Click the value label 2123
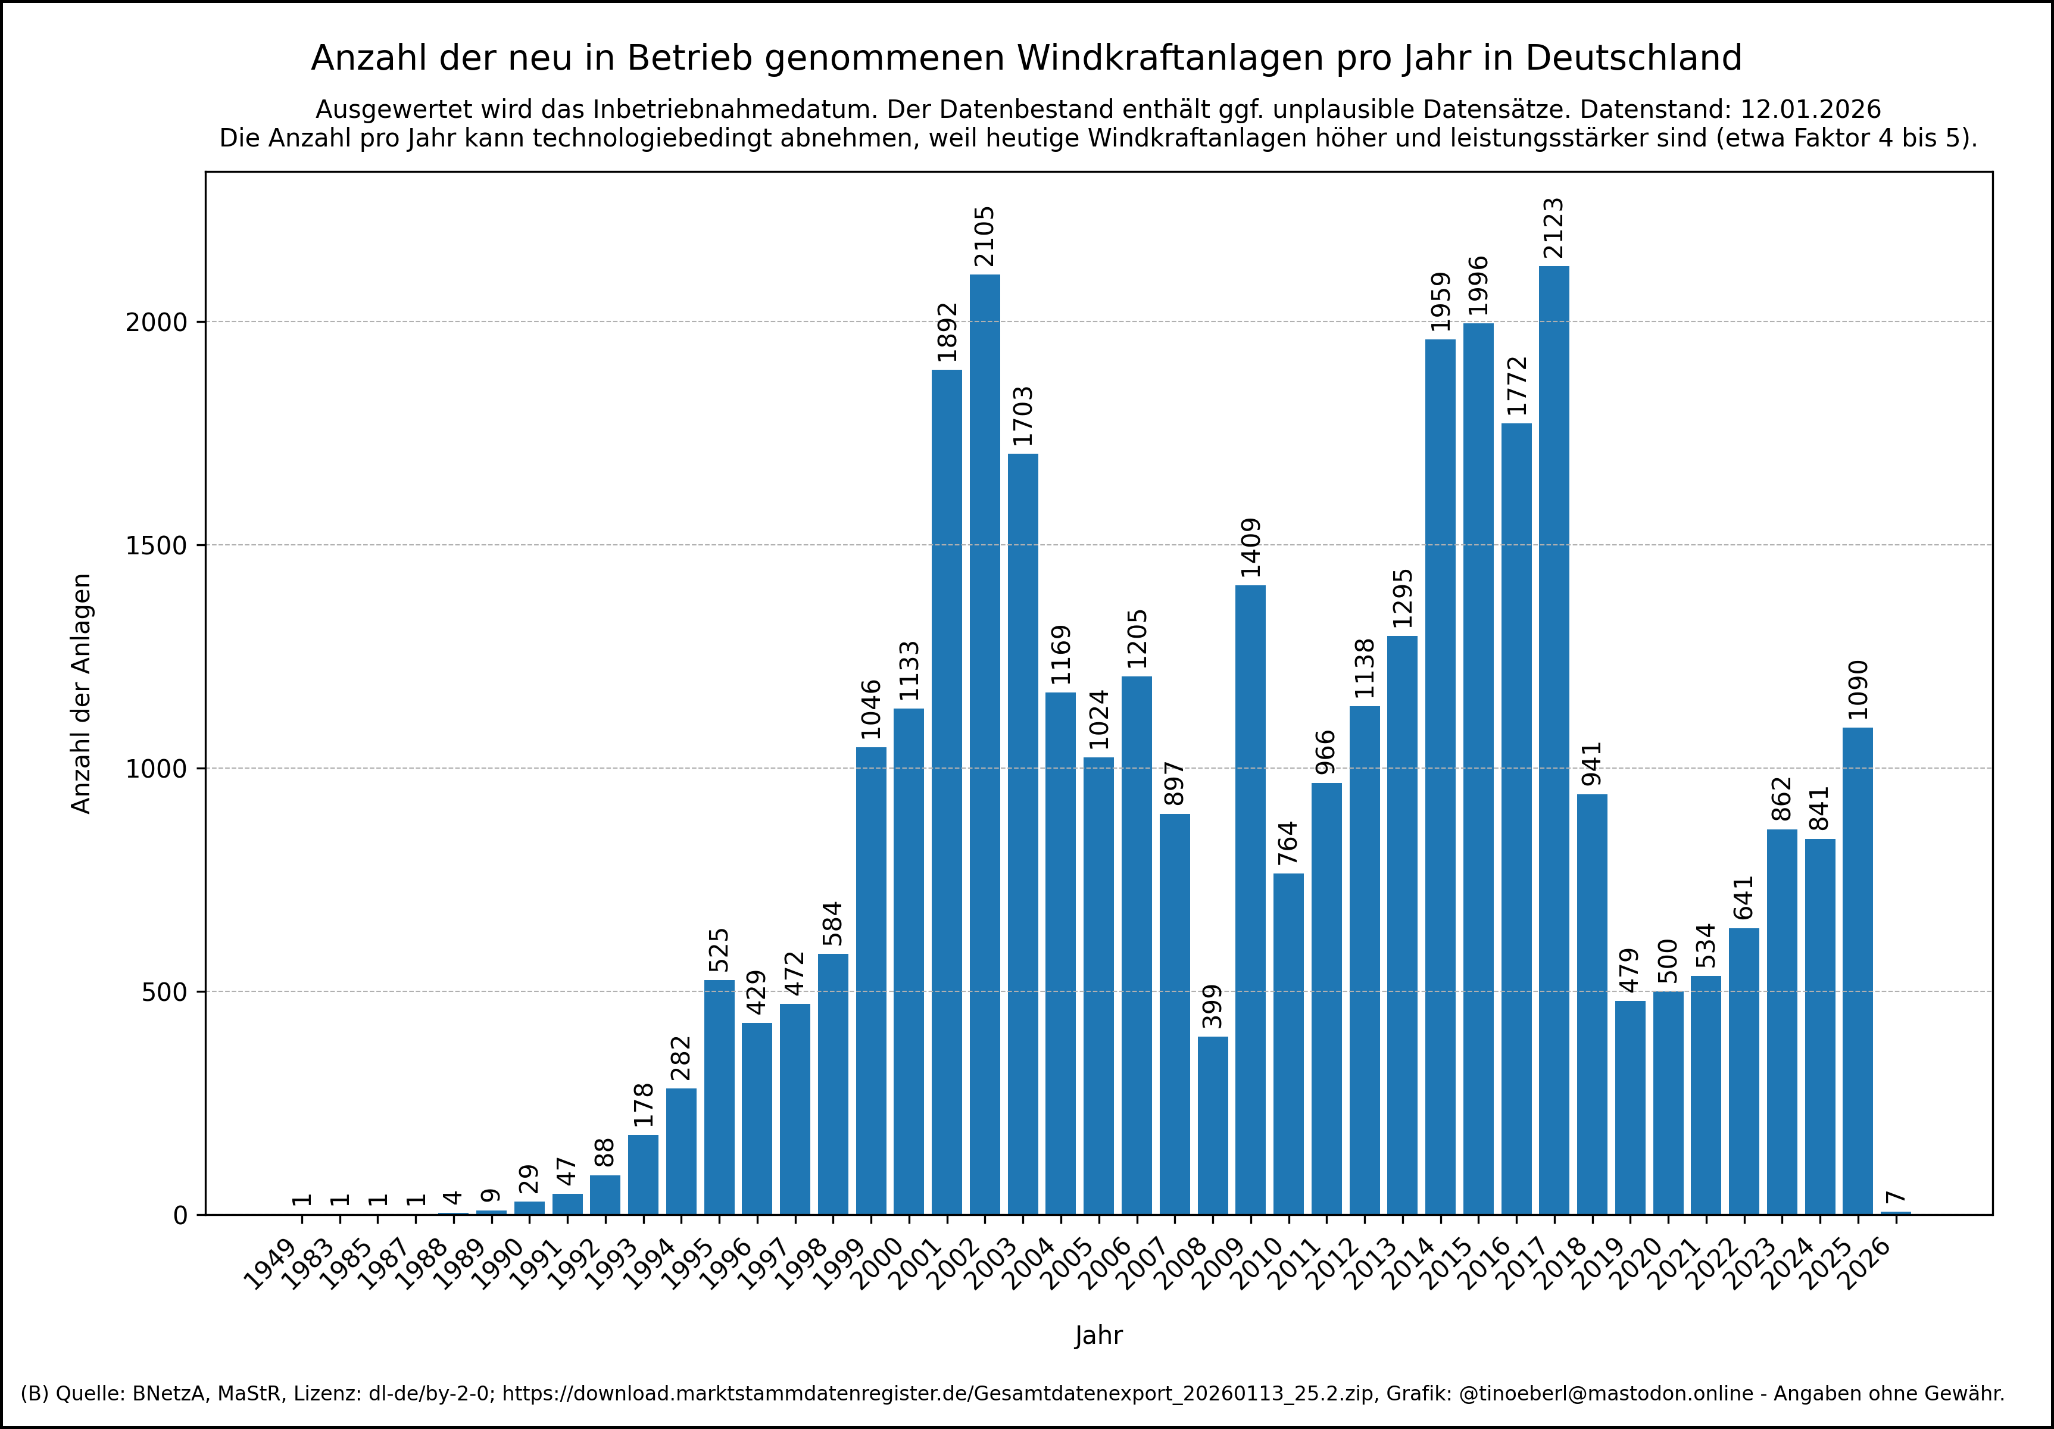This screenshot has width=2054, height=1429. [1554, 228]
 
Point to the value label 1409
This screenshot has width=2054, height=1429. [1251, 548]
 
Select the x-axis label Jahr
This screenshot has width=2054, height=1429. [1098, 1336]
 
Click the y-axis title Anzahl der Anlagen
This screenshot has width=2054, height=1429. [82, 694]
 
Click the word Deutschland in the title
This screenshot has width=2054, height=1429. [1634, 58]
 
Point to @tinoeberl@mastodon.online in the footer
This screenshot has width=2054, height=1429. [1606, 1393]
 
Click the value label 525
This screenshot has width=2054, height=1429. [719, 950]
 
